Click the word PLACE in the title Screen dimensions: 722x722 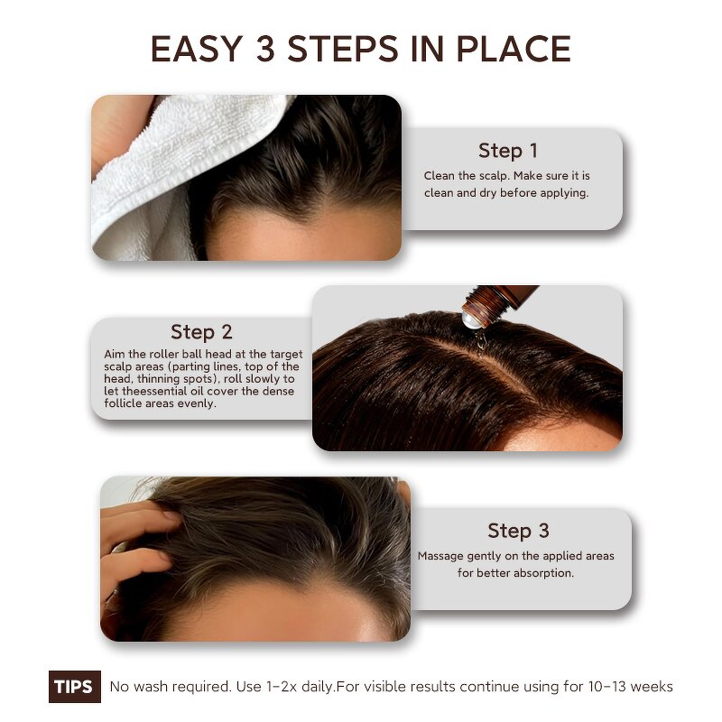(x=519, y=49)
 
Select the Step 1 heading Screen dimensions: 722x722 (x=508, y=151)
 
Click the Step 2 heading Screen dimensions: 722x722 (x=201, y=332)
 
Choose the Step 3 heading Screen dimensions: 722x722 (x=518, y=531)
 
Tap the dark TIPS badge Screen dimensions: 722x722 (x=73, y=687)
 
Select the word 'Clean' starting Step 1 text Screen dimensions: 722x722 (x=440, y=176)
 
